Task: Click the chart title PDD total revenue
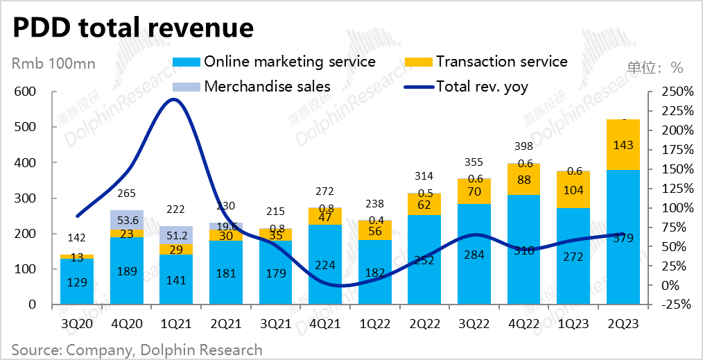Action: pyautogui.click(x=132, y=27)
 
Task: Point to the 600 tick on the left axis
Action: pyautogui.click(x=24, y=92)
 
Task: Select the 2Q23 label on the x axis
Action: pyautogui.click(x=623, y=323)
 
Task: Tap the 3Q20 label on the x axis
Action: pyautogui.click(x=77, y=323)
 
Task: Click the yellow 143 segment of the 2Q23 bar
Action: pyautogui.click(x=623, y=145)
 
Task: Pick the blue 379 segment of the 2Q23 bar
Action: pyautogui.click(x=623, y=237)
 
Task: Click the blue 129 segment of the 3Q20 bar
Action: pyautogui.click(x=77, y=282)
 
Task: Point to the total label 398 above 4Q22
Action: pyautogui.click(x=523, y=146)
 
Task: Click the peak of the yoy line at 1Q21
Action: pyautogui.click(x=174, y=99)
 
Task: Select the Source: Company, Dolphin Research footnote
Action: pyautogui.click(x=137, y=350)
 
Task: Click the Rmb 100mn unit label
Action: pyautogui.click(x=53, y=65)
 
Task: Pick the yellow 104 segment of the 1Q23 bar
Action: pyautogui.click(x=573, y=189)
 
